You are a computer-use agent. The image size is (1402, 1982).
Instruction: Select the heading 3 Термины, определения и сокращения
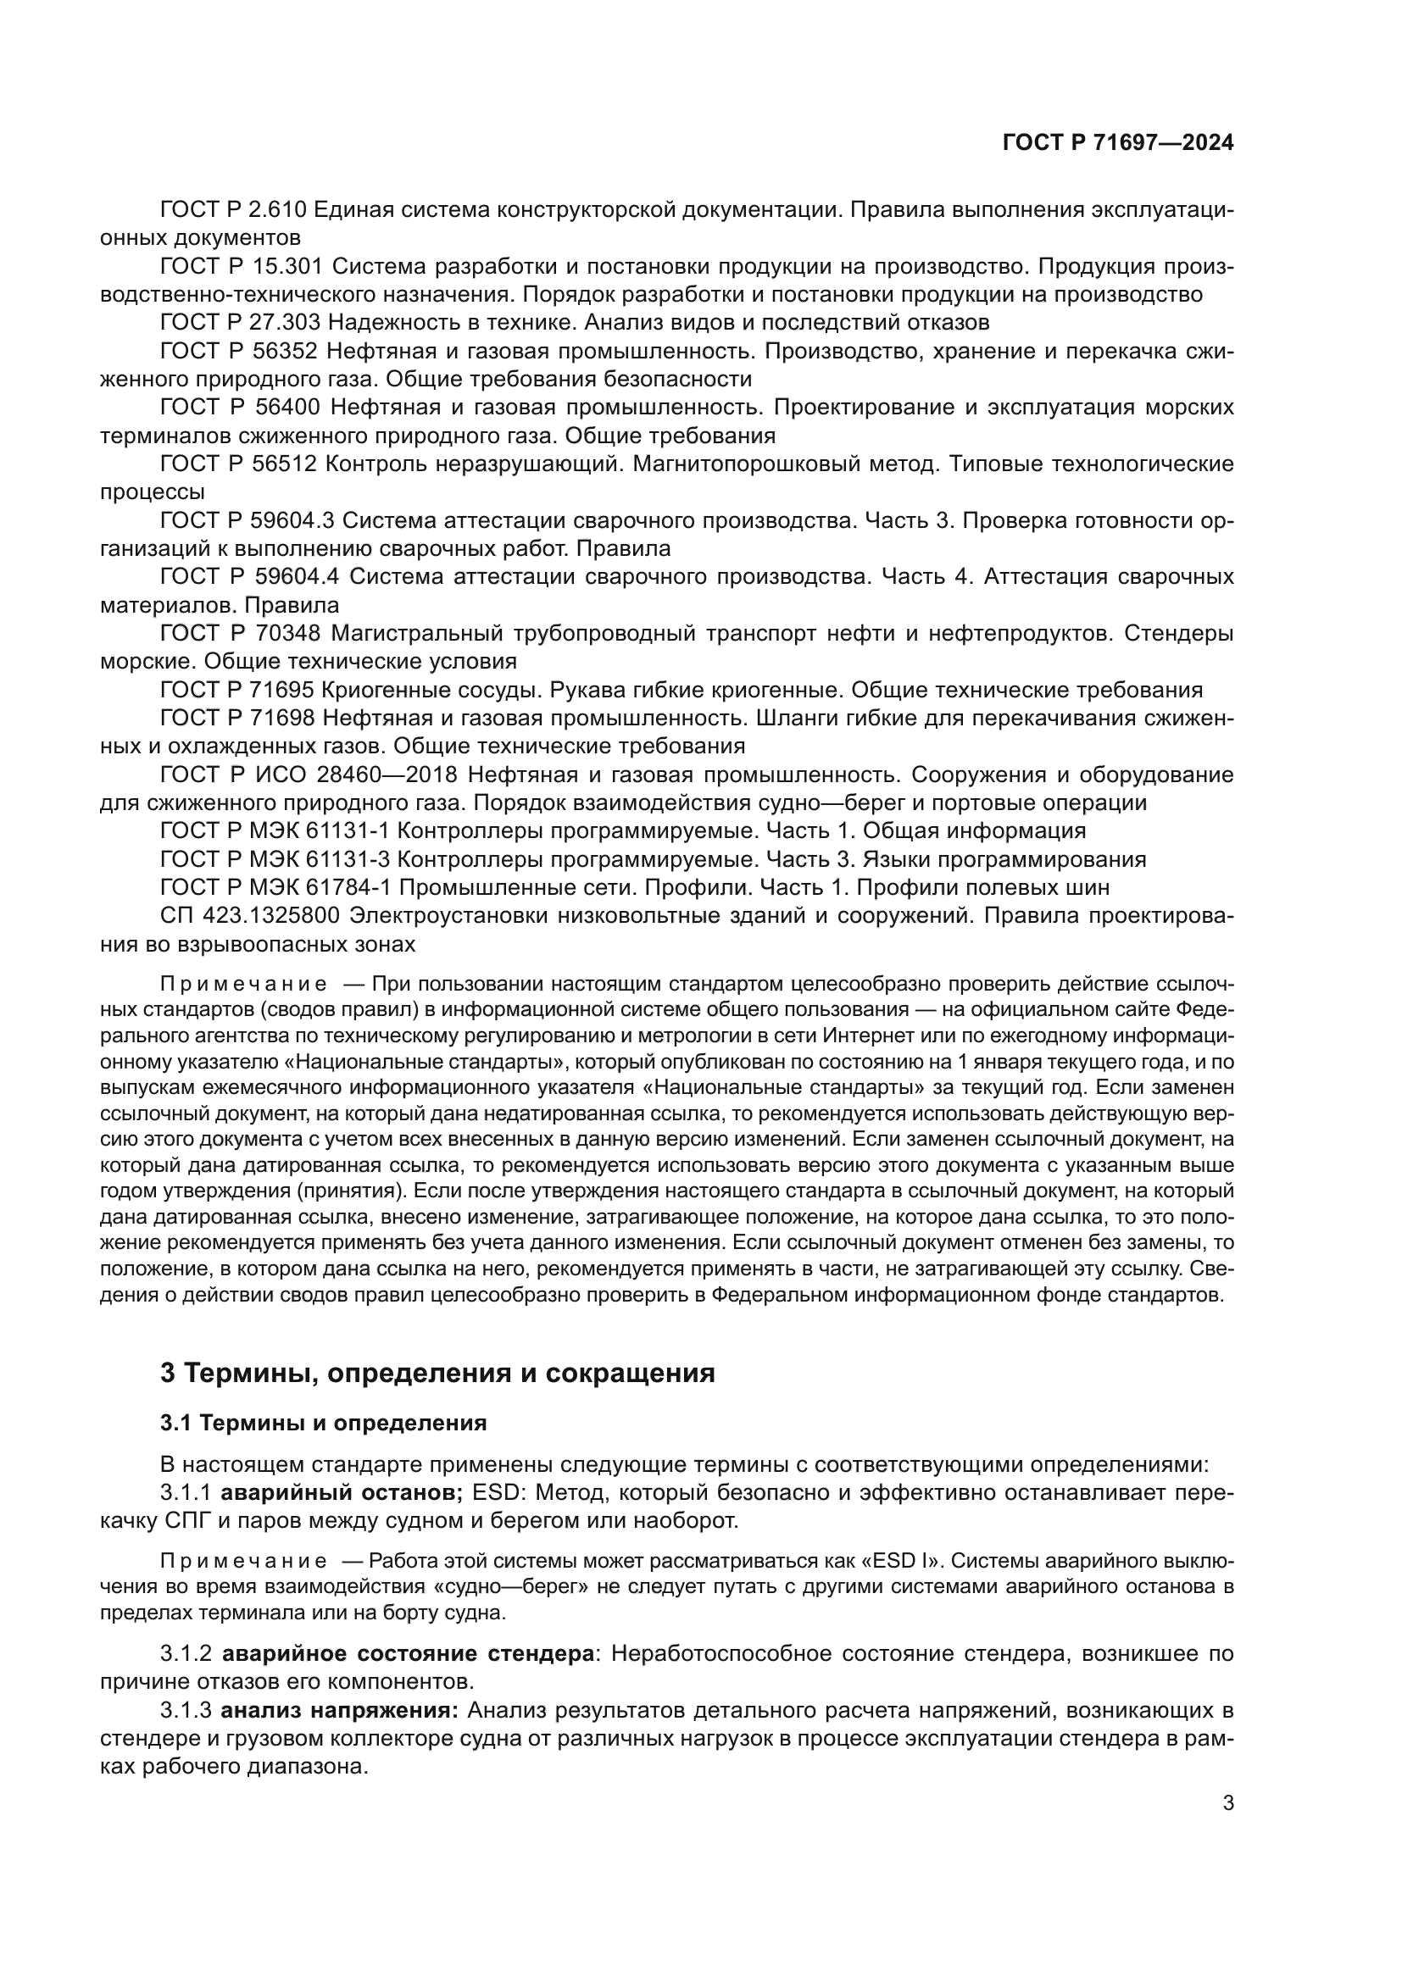437,1373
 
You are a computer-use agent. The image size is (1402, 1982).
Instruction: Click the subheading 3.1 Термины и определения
323,1423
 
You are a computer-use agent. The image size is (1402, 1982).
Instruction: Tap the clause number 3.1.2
186,1654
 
